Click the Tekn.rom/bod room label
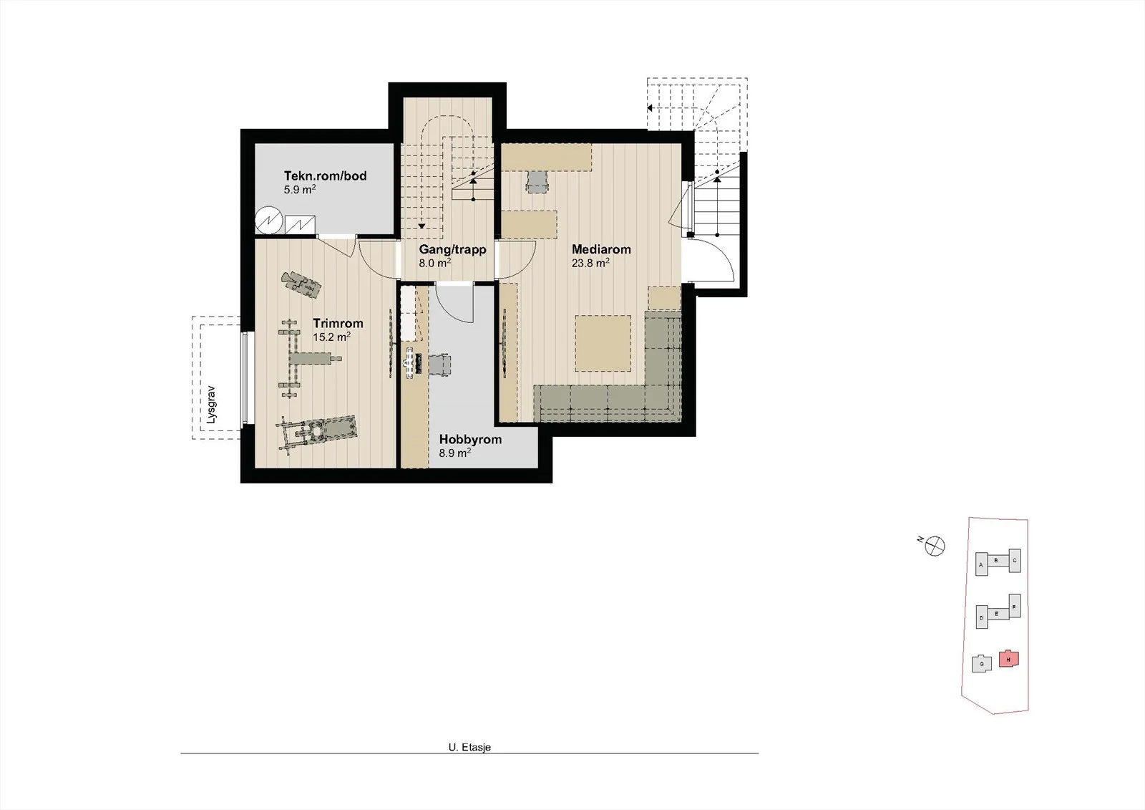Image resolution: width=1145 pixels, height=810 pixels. click(x=325, y=176)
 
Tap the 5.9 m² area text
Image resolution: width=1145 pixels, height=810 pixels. click(x=300, y=189)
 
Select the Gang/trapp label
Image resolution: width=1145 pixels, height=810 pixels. click(x=452, y=250)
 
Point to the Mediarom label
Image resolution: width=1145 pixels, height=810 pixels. click(x=601, y=250)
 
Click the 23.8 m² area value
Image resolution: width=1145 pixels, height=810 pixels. click(x=590, y=263)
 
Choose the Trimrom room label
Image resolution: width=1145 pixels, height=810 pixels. click(x=338, y=324)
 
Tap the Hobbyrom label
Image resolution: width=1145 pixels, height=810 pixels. click(x=470, y=440)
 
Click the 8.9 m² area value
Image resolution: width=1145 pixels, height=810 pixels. click(x=454, y=453)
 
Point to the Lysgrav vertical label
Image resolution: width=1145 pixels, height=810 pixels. click(x=212, y=405)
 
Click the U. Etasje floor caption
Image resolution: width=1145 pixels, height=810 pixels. click(x=469, y=747)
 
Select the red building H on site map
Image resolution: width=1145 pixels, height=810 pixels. click(x=1009, y=659)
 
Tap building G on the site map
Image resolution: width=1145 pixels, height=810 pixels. click(x=981, y=664)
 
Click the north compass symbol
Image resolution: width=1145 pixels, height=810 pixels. click(x=935, y=546)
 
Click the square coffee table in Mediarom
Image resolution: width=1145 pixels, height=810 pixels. click(x=603, y=343)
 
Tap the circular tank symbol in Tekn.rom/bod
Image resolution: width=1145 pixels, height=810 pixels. click(x=269, y=221)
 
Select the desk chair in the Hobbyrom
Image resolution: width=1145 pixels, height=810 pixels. click(x=439, y=365)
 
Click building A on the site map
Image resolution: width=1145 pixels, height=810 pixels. click(x=981, y=564)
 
